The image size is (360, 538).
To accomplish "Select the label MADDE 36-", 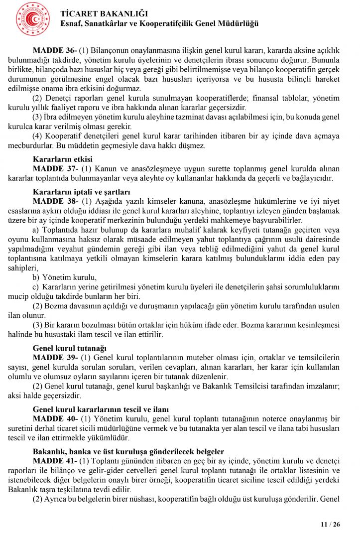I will click(55, 51).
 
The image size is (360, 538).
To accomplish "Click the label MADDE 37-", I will click(55, 169).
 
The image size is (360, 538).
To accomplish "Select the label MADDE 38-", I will click(55, 201).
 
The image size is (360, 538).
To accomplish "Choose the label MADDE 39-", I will click(55, 358).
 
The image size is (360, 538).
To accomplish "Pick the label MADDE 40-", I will click(55, 419).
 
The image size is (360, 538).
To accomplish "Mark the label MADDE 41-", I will click(55, 461).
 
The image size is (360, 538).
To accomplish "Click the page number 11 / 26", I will click(330, 525).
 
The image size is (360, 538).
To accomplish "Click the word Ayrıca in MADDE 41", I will click(57, 499).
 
